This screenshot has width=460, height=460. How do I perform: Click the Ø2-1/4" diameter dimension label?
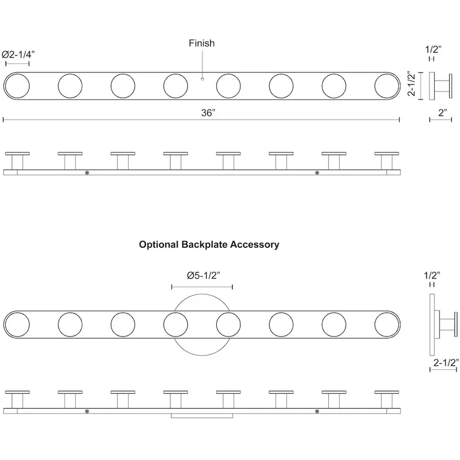(18, 54)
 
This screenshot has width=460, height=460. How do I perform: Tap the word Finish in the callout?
(202, 43)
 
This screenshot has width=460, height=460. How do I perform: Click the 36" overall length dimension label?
(208, 113)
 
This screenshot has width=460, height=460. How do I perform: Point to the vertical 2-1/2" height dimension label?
(412, 83)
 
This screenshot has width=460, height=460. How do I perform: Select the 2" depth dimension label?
(443, 112)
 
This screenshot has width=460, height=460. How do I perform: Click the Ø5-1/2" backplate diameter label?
(204, 275)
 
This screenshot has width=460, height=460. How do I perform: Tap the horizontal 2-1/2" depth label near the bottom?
(446, 363)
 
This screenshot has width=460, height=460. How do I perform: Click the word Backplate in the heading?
(204, 244)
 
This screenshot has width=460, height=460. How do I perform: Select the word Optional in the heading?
(159, 244)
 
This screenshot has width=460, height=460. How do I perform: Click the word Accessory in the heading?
(255, 244)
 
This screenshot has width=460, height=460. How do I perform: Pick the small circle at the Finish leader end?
(202, 79)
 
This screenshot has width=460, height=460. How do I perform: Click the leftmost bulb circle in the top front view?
(17, 86)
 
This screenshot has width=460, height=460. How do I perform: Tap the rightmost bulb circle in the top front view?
(386, 86)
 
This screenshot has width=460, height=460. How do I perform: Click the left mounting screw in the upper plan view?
(87, 173)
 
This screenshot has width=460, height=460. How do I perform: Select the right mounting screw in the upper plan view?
(317, 173)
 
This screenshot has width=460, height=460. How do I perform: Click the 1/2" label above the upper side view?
(434, 49)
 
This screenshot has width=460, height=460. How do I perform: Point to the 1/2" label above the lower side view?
(432, 275)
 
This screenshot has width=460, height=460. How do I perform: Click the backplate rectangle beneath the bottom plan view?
(202, 416)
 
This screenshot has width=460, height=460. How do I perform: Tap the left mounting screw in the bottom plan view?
(87, 412)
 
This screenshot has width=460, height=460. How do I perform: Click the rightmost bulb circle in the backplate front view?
(386, 324)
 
